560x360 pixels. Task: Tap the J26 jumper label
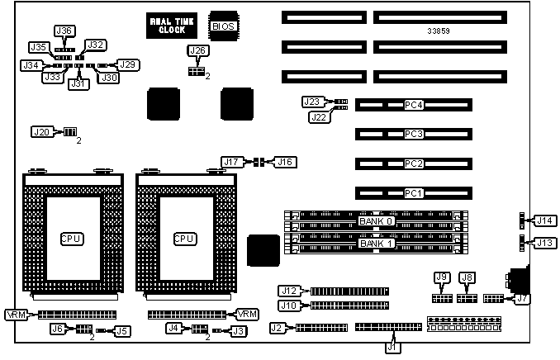[197, 51]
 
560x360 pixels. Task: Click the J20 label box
[41, 132]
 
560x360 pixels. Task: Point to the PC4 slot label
[414, 106]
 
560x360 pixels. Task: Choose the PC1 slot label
[414, 193]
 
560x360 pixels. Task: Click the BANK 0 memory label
[377, 221]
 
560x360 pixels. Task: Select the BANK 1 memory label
[377, 244]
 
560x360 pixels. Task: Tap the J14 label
[544, 220]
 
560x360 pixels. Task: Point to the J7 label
[522, 299]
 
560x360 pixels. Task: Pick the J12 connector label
[288, 291]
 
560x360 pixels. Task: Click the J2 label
[279, 328]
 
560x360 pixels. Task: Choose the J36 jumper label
[64, 31]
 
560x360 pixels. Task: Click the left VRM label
[16, 315]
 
